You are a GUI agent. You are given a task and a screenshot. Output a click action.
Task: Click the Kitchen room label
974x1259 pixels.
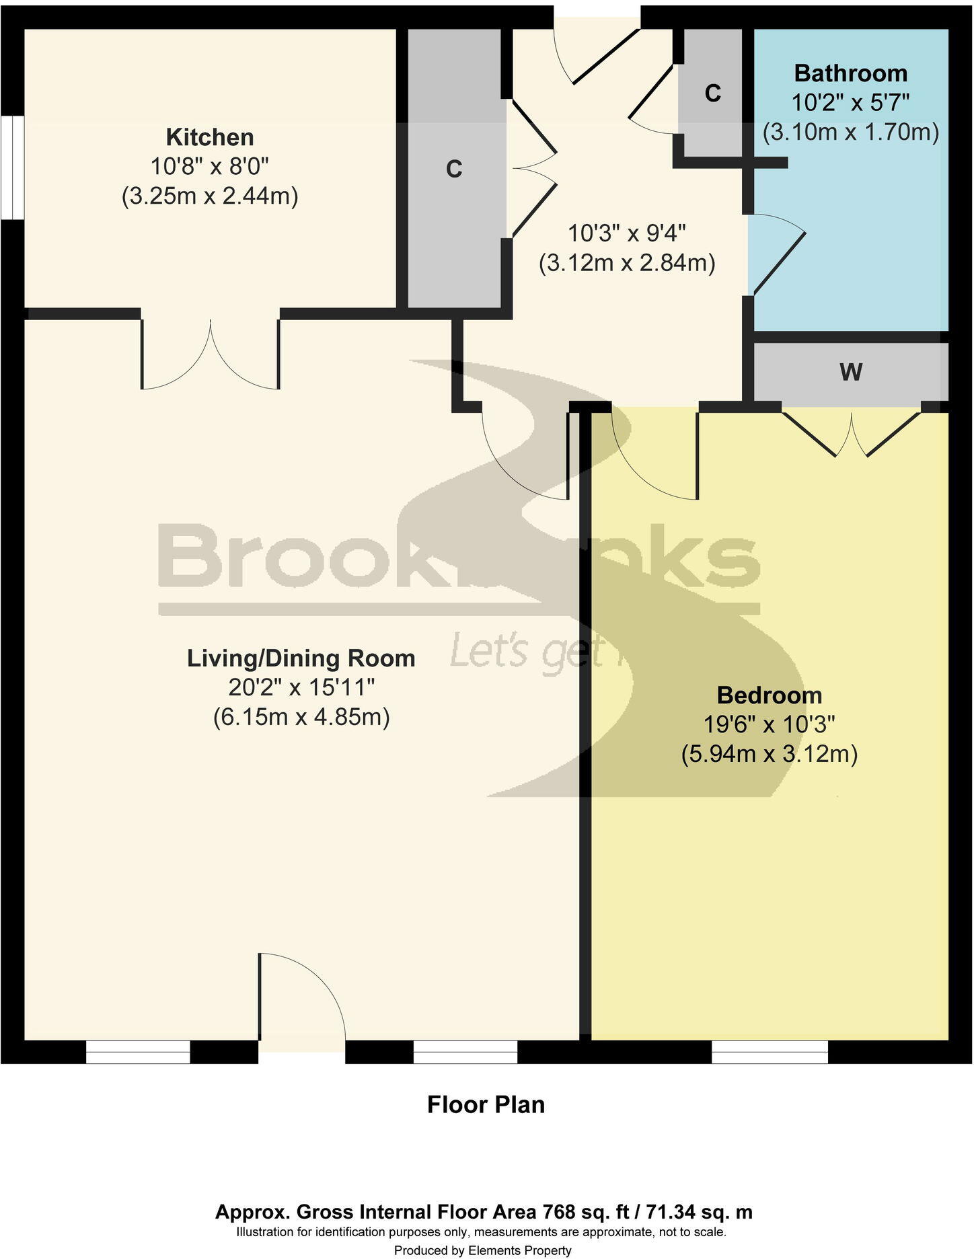(x=210, y=137)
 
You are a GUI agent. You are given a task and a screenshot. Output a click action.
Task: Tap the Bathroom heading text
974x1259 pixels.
(x=850, y=73)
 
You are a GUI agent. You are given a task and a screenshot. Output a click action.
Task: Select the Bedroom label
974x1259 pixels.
(x=769, y=695)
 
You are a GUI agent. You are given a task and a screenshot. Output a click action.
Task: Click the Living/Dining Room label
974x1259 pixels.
(x=301, y=658)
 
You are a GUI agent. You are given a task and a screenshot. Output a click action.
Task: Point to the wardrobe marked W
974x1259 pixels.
(x=850, y=372)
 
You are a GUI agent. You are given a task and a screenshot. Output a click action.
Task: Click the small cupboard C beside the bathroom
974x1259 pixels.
(x=712, y=93)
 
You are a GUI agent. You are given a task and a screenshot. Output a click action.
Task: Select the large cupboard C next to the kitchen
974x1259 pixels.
(x=454, y=169)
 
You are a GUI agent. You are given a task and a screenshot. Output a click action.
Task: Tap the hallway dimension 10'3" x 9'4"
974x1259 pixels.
(x=626, y=233)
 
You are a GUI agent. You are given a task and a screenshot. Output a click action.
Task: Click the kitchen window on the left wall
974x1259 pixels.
(x=12, y=167)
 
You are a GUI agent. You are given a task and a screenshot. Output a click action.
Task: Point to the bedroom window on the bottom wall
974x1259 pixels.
(x=770, y=1051)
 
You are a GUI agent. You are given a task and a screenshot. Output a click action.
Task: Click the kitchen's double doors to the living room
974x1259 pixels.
(x=211, y=356)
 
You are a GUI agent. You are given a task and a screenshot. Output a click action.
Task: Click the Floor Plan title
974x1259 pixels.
(x=486, y=1104)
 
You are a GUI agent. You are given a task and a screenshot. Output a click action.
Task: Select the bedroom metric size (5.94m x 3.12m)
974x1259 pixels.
(x=769, y=754)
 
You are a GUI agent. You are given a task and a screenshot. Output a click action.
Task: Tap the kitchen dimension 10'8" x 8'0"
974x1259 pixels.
(x=210, y=167)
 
